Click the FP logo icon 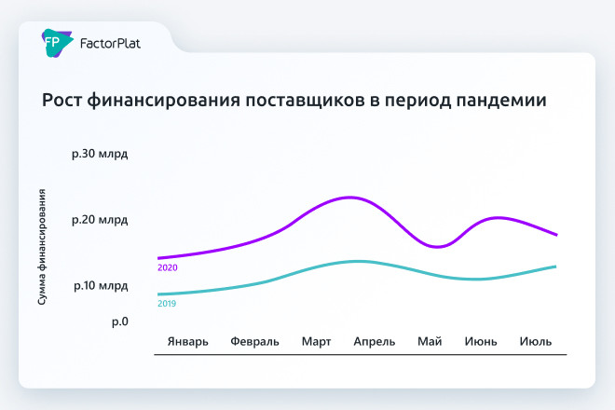click(x=51, y=41)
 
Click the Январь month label click(x=188, y=341)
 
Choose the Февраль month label click(x=254, y=341)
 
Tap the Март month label click(x=316, y=341)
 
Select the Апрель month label click(x=375, y=341)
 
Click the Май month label click(x=430, y=341)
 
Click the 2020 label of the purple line click(x=168, y=268)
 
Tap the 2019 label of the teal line click(x=167, y=304)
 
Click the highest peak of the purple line click(x=349, y=198)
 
